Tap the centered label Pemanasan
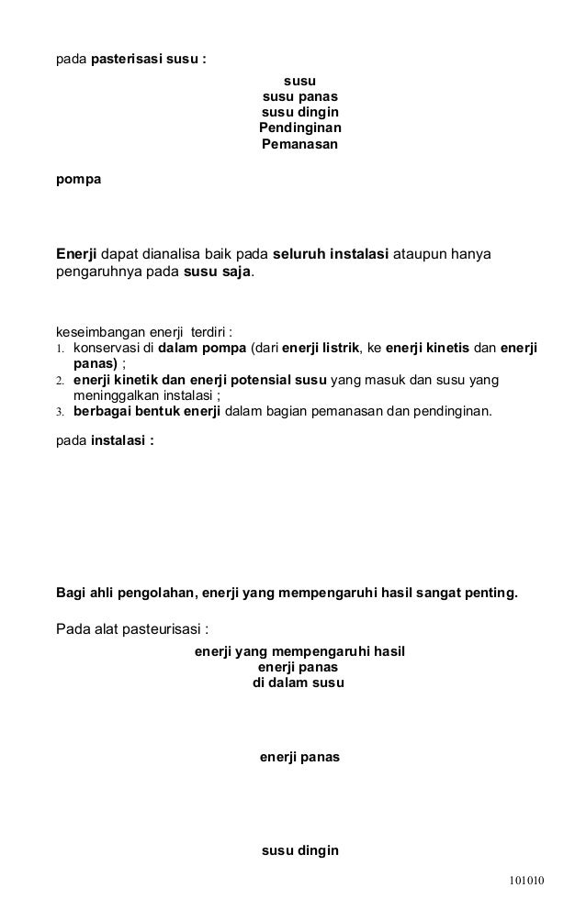point(299,144)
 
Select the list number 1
point(61,349)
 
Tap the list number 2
point(61,381)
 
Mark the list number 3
point(61,413)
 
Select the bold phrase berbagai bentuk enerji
point(144,412)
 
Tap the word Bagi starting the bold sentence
point(71,593)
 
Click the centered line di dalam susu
point(299,683)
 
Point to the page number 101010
point(527,880)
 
